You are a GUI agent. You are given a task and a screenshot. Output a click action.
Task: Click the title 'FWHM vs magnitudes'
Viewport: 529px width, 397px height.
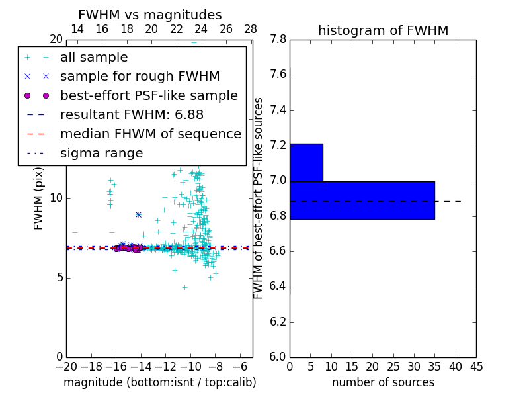point(149,15)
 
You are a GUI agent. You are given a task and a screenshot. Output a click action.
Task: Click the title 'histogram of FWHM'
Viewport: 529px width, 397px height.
point(383,30)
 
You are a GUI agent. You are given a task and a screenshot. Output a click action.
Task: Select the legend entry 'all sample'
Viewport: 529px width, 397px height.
point(94,58)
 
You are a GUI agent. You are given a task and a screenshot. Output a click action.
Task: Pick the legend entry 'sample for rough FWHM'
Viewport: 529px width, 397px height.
point(140,77)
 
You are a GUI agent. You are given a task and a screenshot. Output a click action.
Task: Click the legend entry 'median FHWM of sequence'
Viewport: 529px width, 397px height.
point(150,134)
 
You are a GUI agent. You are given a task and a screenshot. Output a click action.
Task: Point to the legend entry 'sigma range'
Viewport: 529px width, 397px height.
point(101,154)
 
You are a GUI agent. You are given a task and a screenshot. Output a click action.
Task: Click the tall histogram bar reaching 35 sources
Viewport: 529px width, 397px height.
point(362,200)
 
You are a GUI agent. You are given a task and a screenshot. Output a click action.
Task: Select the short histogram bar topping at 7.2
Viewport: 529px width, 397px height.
point(306,162)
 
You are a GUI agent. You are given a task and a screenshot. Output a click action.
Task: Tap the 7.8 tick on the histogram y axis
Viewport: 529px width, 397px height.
point(278,40)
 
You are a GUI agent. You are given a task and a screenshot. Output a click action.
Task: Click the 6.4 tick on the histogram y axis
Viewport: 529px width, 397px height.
point(278,287)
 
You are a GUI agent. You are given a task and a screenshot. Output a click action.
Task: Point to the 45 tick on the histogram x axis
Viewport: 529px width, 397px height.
point(475,365)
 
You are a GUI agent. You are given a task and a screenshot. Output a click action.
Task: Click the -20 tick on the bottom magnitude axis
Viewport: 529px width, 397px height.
point(66,365)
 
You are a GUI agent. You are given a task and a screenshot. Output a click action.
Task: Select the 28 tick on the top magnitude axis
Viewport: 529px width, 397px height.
point(251,29)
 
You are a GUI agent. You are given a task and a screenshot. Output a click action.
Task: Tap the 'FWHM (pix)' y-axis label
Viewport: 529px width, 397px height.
point(39,198)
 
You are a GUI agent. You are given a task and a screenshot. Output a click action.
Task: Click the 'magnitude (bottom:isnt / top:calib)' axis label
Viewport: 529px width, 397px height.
point(159,382)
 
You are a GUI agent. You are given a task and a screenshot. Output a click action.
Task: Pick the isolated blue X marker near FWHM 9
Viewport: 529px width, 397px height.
point(138,214)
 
